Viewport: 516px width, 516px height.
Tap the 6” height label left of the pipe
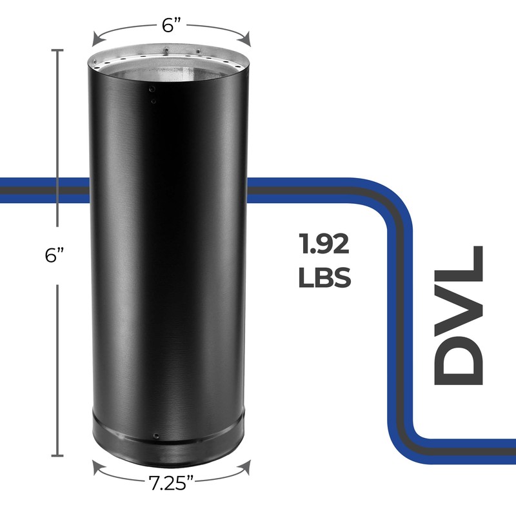coord(57,255)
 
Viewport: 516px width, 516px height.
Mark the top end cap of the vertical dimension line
coord(57,50)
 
